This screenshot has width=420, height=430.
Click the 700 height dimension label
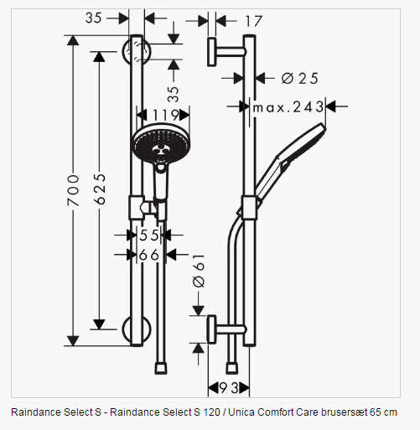pyautogui.click(x=73, y=190)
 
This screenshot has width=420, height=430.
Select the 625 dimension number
pyautogui.click(x=100, y=189)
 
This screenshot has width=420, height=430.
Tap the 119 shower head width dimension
pyautogui.click(x=165, y=115)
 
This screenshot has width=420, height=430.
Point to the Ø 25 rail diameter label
pyautogui.click(x=299, y=78)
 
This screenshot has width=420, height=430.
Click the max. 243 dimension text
pyautogui.click(x=288, y=106)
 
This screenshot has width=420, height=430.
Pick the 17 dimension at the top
pyautogui.click(x=254, y=21)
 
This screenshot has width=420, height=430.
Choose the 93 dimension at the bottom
pyautogui.click(x=229, y=388)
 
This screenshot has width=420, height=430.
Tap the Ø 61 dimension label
pyautogui.click(x=199, y=271)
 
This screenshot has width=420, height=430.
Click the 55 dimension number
pyautogui.click(x=149, y=235)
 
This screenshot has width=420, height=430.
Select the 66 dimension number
pyautogui.click(x=149, y=255)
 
